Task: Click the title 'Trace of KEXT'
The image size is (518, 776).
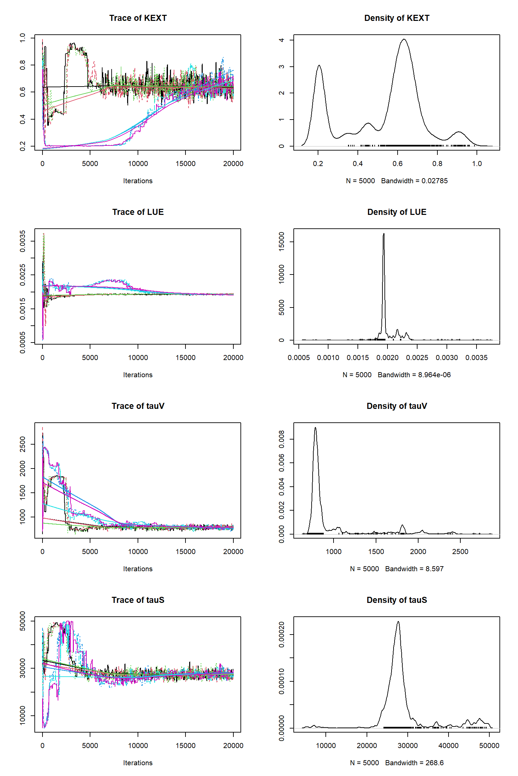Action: (x=138, y=18)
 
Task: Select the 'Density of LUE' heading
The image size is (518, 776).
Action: (x=397, y=212)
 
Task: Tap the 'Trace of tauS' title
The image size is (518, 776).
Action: (x=138, y=600)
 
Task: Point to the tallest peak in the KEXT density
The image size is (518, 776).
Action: (x=404, y=39)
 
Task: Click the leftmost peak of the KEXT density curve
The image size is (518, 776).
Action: (x=319, y=65)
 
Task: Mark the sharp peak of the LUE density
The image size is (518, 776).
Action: (x=384, y=234)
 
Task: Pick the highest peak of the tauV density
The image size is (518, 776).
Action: (x=315, y=428)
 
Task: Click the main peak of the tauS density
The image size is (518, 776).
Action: (x=398, y=622)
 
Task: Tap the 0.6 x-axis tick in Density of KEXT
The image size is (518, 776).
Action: (x=398, y=164)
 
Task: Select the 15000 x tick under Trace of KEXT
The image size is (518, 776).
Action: (x=185, y=164)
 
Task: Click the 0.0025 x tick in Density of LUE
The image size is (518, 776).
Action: (x=417, y=358)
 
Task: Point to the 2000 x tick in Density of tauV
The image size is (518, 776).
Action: (x=418, y=552)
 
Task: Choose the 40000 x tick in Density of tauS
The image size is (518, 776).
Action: (x=449, y=746)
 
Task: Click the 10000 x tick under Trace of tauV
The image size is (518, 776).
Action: (x=138, y=552)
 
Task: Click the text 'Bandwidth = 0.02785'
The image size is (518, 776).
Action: (x=414, y=181)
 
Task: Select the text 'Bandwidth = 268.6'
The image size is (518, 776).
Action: (x=414, y=763)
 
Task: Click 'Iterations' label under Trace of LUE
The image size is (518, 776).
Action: (x=138, y=375)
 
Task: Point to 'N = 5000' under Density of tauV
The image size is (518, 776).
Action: (x=365, y=569)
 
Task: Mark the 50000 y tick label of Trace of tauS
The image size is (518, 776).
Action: (x=23, y=621)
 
